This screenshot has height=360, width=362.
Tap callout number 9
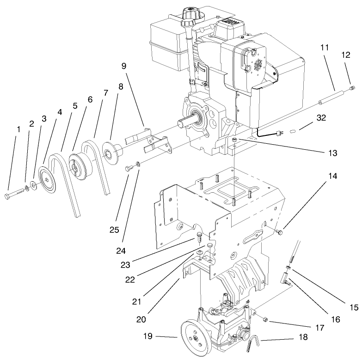click(123, 66)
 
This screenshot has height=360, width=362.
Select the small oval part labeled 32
click(292, 131)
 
